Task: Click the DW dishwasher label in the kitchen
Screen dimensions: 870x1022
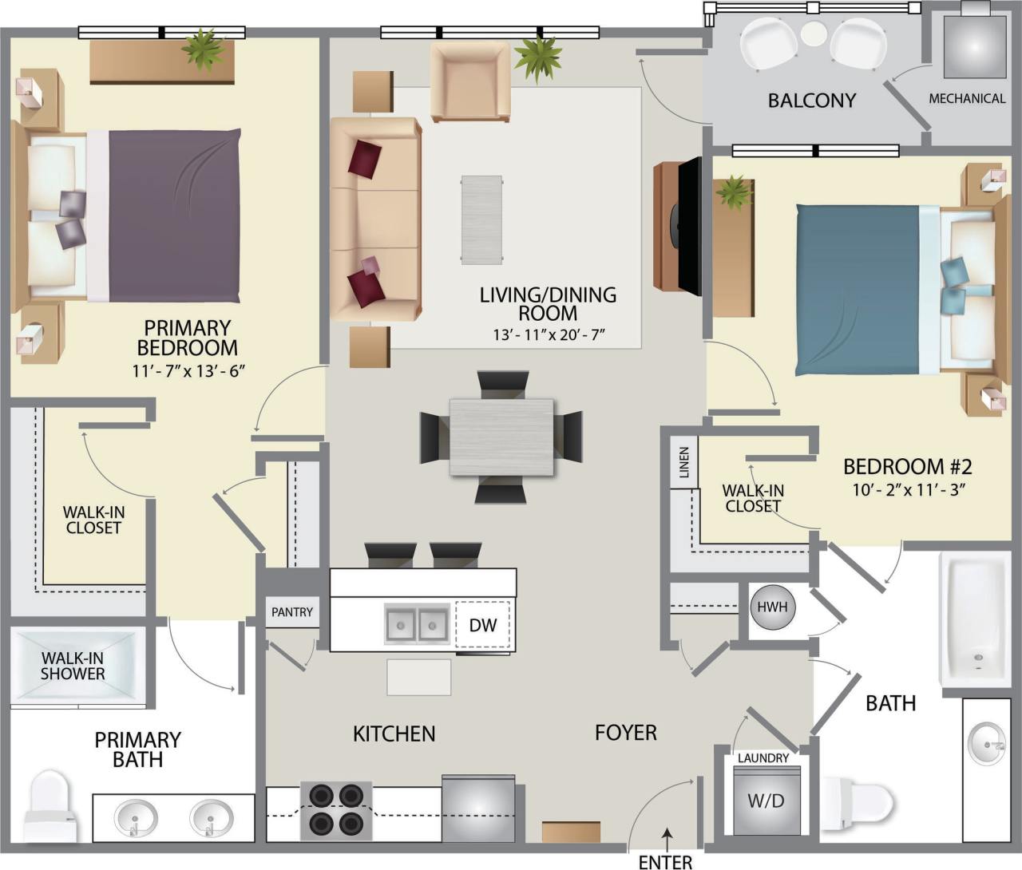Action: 482,625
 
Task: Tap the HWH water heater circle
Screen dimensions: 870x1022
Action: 772,607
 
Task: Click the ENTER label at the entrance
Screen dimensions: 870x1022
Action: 665,861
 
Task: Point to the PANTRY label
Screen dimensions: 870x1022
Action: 291,612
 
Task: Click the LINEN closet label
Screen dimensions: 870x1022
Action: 684,462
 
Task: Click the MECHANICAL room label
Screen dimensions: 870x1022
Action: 967,99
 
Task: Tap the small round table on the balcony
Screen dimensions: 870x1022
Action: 814,34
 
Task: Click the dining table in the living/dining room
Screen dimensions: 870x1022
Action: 501,437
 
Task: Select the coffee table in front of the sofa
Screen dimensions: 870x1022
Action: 481,220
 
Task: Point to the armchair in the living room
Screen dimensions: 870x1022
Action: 469,82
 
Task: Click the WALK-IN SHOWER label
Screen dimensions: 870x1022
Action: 73,666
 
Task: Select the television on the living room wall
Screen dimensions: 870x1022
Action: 687,226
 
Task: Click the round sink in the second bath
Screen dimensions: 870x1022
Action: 987,744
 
